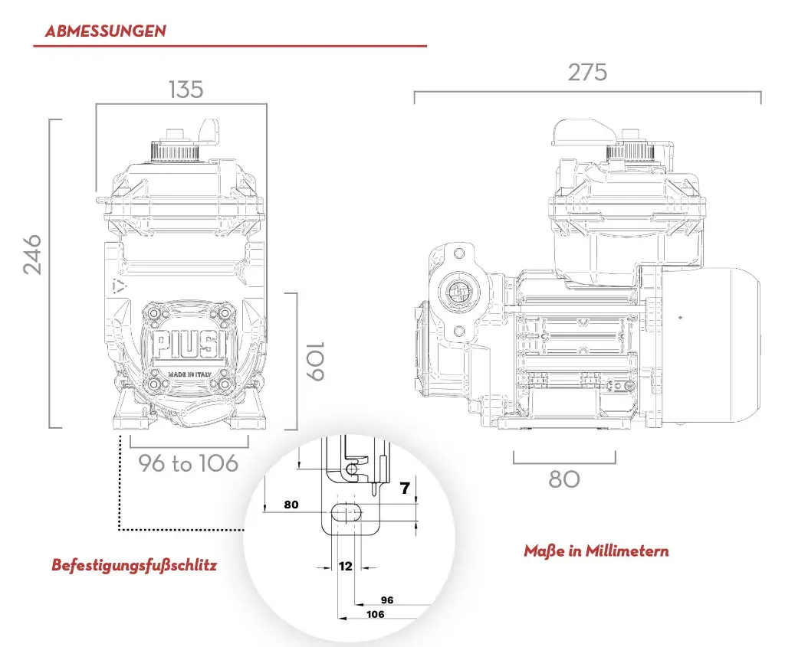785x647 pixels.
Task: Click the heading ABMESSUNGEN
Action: pyautogui.click(x=106, y=31)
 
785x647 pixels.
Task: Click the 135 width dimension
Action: pyautogui.click(x=186, y=90)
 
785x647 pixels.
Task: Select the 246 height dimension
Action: pyautogui.click(x=32, y=255)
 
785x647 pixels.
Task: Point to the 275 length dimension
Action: pyautogui.click(x=587, y=72)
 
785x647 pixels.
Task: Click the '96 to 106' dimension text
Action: pyautogui.click(x=189, y=463)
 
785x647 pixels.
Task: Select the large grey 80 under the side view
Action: pyautogui.click(x=564, y=479)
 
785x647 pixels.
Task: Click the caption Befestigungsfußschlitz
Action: pyautogui.click(x=134, y=565)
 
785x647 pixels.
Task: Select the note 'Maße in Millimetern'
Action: pyautogui.click(x=596, y=551)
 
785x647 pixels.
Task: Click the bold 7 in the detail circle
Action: pyautogui.click(x=405, y=489)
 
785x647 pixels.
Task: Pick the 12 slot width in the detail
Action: pyautogui.click(x=346, y=567)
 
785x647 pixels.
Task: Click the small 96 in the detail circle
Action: pyautogui.click(x=387, y=600)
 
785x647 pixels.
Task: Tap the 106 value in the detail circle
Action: pyautogui.click(x=376, y=614)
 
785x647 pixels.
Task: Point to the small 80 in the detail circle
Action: pyautogui.click(x=291, y=505)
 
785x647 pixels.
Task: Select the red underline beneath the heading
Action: pyautogui.click(x=229, y=47)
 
